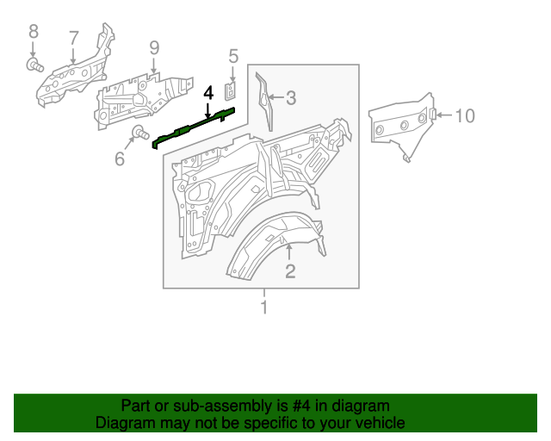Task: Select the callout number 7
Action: click(x=74, y=37)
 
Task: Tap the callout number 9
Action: click(x=154, y=47)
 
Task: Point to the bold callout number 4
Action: click(x=207, y=92)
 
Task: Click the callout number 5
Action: click(x=232, y=56)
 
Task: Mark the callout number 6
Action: click(x=119, y=158)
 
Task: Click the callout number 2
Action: click(x=290, y=272)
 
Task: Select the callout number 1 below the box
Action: click(x=264, y=307)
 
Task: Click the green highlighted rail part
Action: click(x=194, y=127)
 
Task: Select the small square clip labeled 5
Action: click(x=232, y=88)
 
